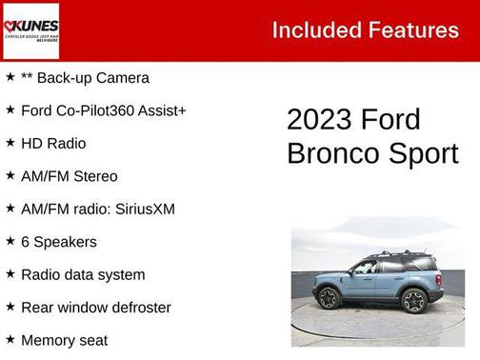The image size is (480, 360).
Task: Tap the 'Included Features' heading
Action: click(365, 30)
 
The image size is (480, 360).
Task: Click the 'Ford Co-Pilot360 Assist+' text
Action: click(103, 110)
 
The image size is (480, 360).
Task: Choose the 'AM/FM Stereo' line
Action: click(69, 176)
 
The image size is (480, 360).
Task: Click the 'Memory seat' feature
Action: click(64, 340)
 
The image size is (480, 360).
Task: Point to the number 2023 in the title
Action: click(319, 120)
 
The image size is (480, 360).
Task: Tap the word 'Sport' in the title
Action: click(426, 153)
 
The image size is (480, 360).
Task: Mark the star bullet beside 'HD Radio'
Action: click(10, 143)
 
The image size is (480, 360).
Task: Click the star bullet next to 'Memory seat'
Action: click(10, 339)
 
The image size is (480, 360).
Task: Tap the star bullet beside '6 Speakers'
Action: click(10, 241)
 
